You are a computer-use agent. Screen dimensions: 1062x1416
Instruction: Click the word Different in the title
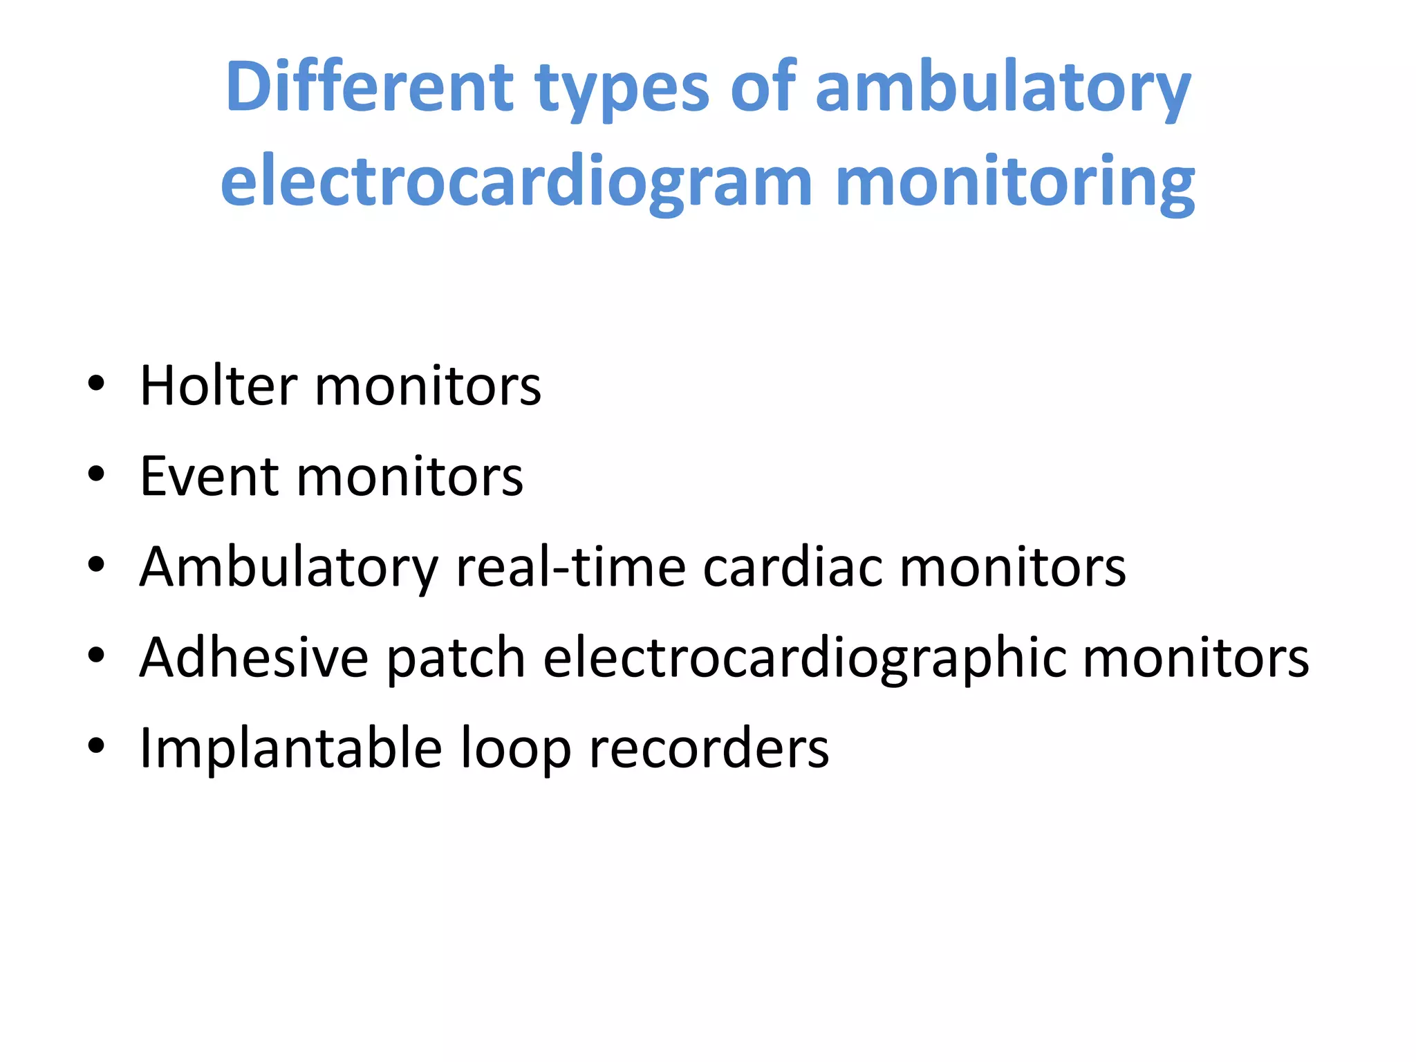pos(369,88)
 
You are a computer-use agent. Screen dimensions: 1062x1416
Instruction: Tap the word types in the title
pos(622,90)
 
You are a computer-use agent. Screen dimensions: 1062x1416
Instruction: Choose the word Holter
pos(218,386)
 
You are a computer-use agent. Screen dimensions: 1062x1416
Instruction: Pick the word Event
pos(209,476)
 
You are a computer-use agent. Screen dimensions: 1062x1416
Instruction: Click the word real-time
pos(570,567)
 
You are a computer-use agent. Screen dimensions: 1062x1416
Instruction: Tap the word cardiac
pos(793,567)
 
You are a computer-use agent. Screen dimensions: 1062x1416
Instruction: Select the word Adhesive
pos(254,658)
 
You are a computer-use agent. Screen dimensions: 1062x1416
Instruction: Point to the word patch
pos(456,659)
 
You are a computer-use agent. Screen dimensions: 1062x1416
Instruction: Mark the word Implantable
pos(291,749)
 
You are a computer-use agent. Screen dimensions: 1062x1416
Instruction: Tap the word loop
pos(515,750)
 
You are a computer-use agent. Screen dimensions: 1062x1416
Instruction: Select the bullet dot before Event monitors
pos(97,474)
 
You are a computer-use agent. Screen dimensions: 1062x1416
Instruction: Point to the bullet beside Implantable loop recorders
pos(97,745)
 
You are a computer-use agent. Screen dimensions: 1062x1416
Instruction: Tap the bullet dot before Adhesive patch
pos(97,655)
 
